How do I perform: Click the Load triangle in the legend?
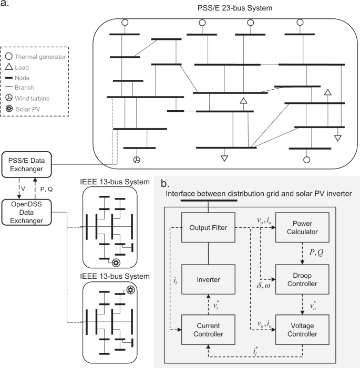pyautogui.click(x=10, y=67)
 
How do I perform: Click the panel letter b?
pyautogui.click(x=165, y=184)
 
